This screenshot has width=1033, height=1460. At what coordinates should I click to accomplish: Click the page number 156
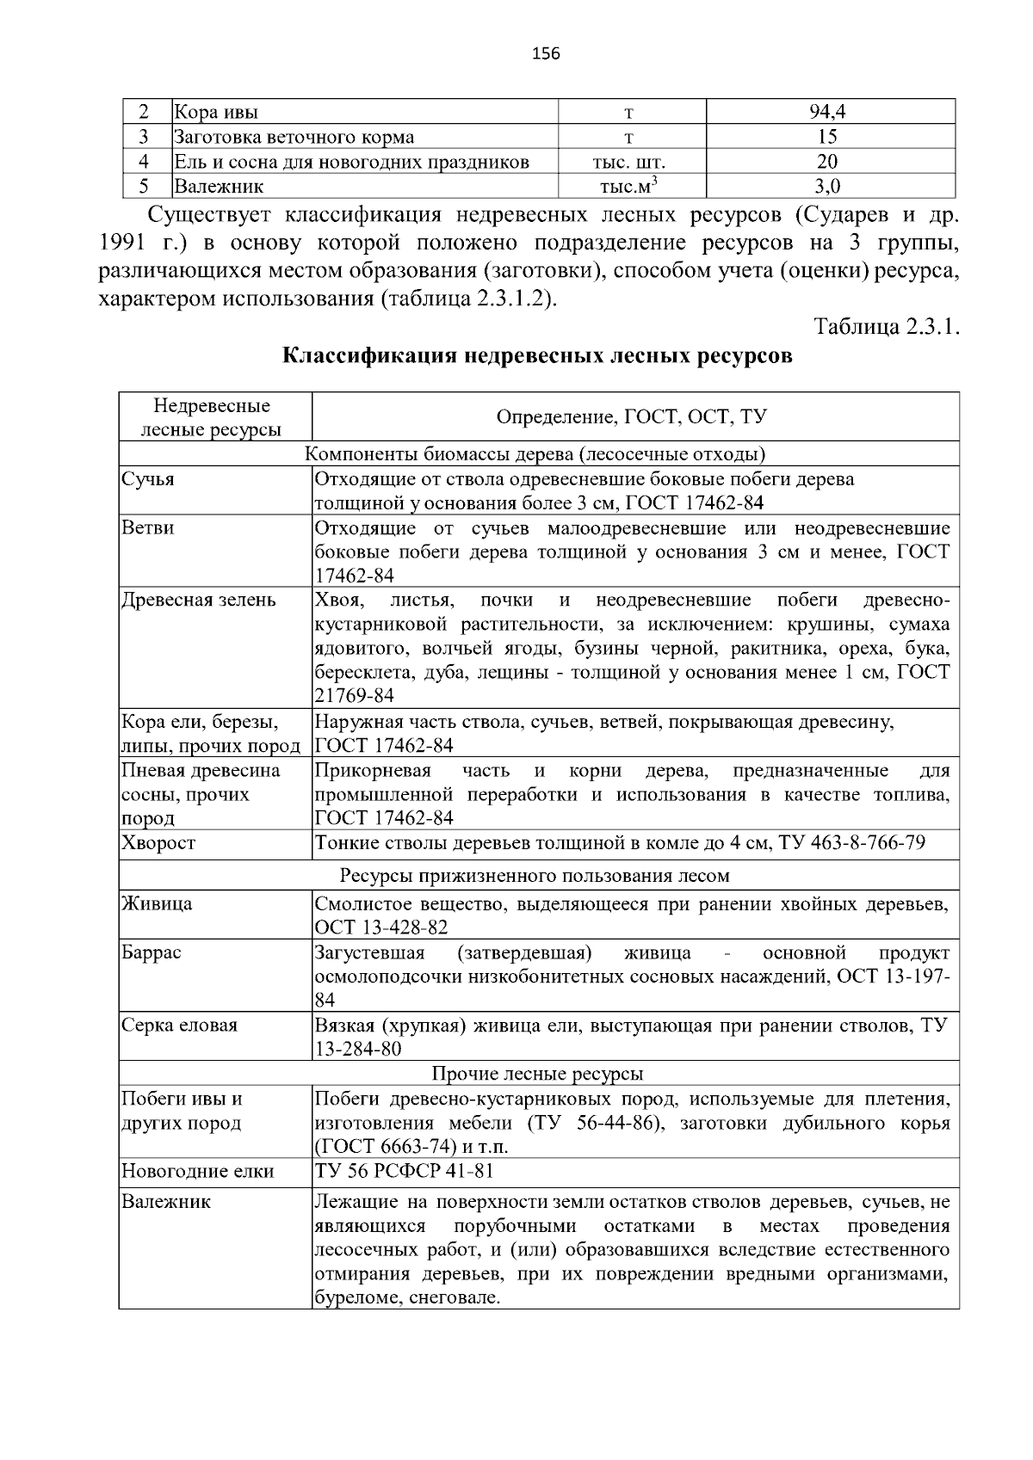point(546,54)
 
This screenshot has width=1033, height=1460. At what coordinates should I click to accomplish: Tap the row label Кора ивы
point(216,112)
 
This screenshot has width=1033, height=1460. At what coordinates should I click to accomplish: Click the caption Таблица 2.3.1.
point(886,328)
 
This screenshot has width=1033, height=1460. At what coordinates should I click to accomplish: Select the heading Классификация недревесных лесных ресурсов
point(538,356)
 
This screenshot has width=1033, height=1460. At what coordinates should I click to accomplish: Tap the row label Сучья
point(147,479)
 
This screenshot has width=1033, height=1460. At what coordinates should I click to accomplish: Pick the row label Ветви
point(147,527)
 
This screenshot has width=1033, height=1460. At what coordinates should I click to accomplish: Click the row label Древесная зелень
point(199,600)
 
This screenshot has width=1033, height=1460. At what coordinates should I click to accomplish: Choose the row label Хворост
point(158,843)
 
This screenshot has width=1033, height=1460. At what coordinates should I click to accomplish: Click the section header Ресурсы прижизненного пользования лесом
point(535,876)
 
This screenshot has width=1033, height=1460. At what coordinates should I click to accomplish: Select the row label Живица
point(157,903)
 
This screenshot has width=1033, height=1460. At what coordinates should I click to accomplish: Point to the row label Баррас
point(151,952)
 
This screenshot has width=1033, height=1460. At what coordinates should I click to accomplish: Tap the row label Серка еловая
point(179,1026)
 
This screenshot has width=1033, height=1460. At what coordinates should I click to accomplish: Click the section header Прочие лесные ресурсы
point(537,1074)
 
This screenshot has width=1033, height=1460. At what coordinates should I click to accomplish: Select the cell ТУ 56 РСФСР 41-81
point(404,1171)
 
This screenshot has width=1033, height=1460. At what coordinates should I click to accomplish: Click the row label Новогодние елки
point(197,1171)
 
